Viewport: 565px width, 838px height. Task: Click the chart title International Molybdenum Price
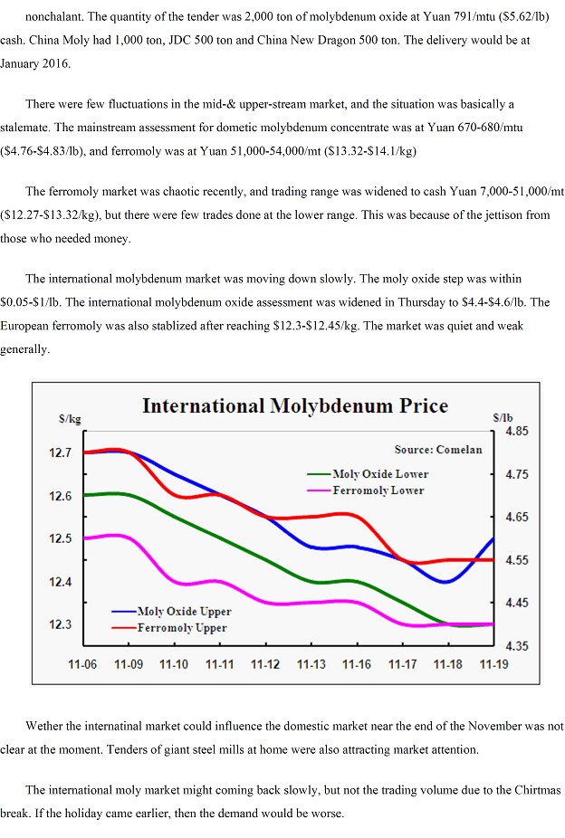[x=294, y=405]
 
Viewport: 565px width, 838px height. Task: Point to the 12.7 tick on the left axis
[x=60, y=452]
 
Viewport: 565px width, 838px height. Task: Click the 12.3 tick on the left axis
[x=60, y=624]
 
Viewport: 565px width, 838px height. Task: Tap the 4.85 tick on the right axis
[x=516, y=432]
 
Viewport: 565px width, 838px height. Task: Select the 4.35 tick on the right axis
[x=516, y=645]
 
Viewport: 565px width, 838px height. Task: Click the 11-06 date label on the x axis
[x=82, y=664]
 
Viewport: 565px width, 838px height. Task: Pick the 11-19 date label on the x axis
[x=493, y=664]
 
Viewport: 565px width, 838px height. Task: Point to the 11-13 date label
[x=311, y=664]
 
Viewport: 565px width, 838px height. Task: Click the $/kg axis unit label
[x=70, y=419]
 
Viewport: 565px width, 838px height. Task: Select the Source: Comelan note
[x=438, y=450]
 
